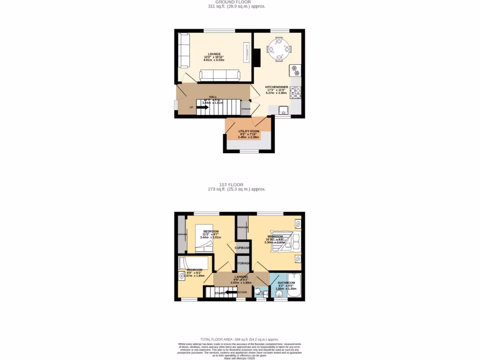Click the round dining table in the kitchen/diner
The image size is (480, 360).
pyautogui.click(x=279, y=48)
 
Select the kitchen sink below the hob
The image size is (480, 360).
pyautogui.click(x=283, y=110)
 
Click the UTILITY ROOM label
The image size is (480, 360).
pyautogui.click(x=248, y=131)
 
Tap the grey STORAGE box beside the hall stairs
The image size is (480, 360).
pyautogui.click(x=246, y=108)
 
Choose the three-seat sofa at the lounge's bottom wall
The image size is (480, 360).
pyautogui.click(x=219, y=75)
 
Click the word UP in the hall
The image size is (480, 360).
pyautogui.click(x=191, y=107)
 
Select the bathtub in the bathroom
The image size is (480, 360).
pyautogui.click(x=296, y=285)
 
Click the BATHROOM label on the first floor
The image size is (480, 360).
pyautogui.click(x=286, y=283)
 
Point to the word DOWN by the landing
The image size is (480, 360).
pyautogui.click(x=242, y=292)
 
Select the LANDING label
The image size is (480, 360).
pyautogui.click(x=241, y=277)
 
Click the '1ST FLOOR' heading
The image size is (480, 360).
pyautogui.click(x=236, y=185)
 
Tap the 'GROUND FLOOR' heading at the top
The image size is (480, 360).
pyautogui.click(x=236, y=2)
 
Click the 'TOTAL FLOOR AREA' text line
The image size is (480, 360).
pyautogui.click(x=240, y=339)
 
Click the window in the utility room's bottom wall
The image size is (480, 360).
pyautogui.click(x=249, y=151)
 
